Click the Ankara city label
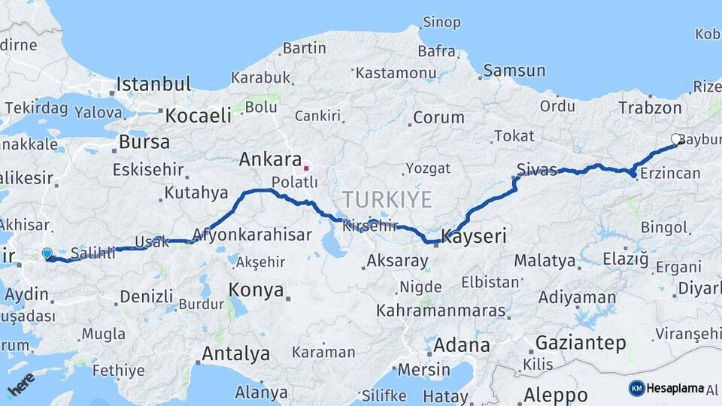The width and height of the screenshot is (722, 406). (270, 159)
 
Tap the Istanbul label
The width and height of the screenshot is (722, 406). (153, 83)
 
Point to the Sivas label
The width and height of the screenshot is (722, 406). (537, 167)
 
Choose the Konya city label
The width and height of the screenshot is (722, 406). (256, 289)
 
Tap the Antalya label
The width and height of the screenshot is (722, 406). (235, 353)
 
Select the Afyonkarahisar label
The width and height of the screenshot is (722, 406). (251, 235)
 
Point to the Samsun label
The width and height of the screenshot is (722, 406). (514, 71)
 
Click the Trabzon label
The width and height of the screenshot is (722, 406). (650, 108)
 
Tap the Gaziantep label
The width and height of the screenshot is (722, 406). (581, 344)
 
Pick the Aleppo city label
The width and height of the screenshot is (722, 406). (556, 394)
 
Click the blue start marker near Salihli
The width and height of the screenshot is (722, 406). (47, 254)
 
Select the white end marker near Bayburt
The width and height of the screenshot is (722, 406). (676, 139)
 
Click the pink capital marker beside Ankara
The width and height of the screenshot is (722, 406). (306, 159)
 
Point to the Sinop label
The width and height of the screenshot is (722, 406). (441, 22)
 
